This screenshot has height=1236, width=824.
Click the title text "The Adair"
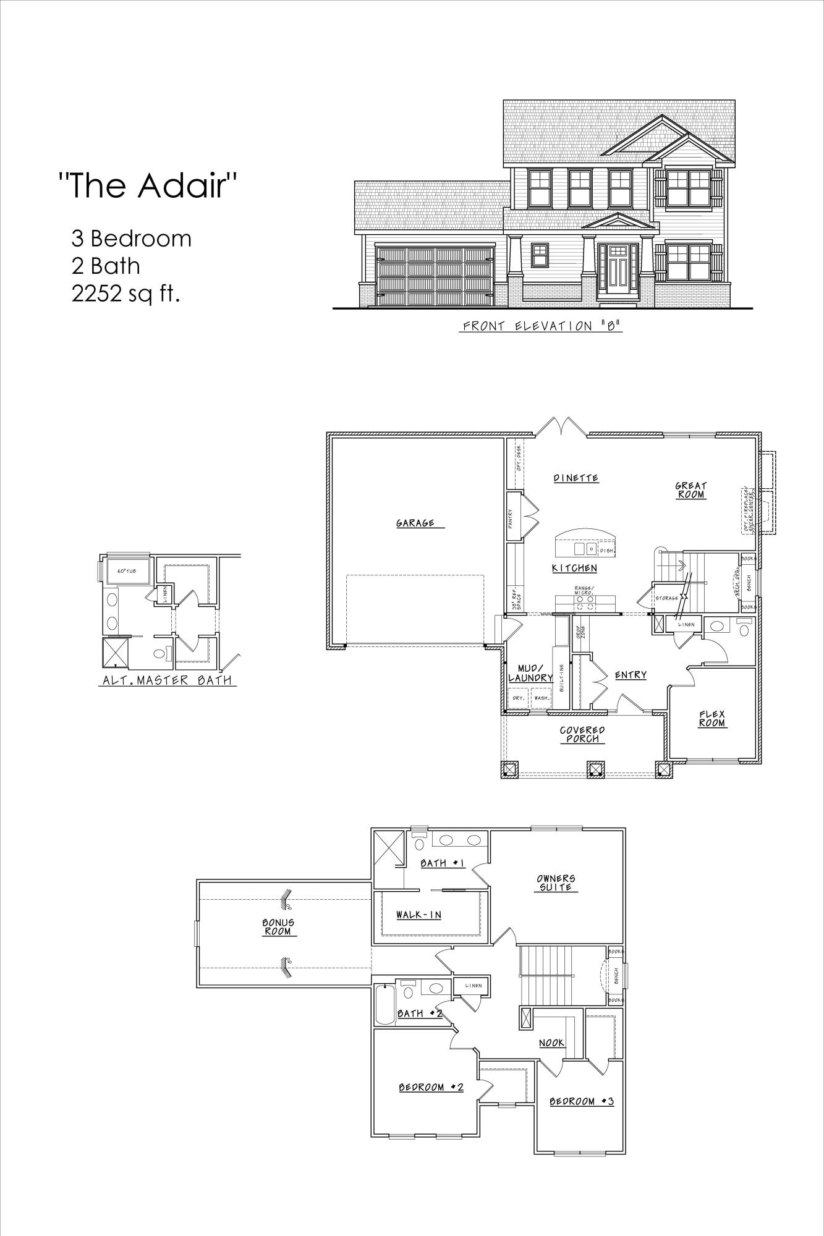coord(148,185)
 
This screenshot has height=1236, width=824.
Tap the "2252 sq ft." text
coord(125,294)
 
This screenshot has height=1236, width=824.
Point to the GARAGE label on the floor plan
coord(415,523)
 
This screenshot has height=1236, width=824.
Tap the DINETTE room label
coord(576,478)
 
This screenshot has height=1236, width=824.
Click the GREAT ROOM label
coord(690,490)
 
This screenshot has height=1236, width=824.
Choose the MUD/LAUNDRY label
coord(530,673)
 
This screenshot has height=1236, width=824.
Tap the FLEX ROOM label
coord(712,718)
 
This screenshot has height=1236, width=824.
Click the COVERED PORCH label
coord(582,734)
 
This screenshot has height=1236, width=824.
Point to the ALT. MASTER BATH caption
coord(166,681)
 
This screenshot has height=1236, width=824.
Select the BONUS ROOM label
coord(278,926)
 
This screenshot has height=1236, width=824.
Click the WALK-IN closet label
coord(418,915)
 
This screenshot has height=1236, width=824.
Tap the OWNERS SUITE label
coord(556,882)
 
